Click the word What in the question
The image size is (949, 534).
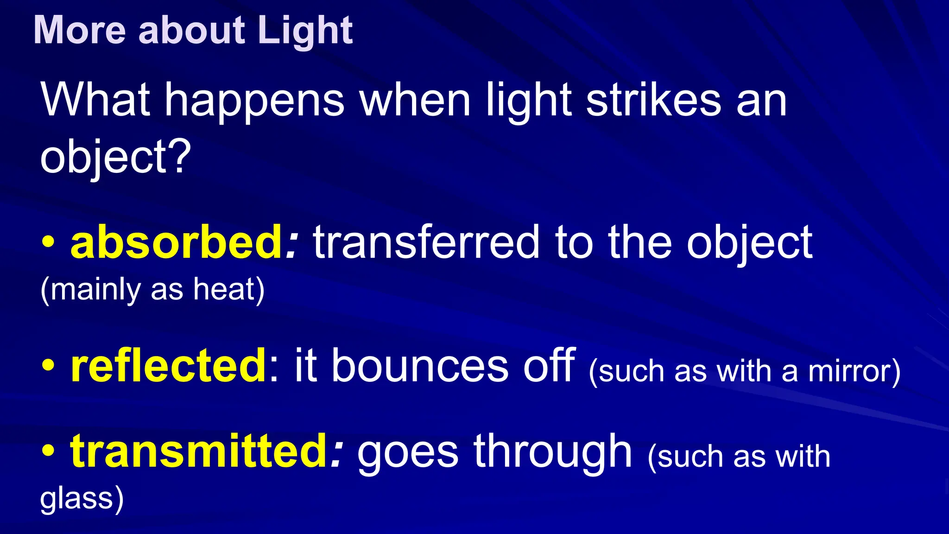95,100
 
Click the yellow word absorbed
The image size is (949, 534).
176,242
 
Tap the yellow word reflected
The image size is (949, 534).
168,366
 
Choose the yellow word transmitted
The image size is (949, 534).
199,451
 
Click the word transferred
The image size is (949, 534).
426,242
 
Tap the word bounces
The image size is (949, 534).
420,366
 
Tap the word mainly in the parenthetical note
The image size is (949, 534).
95,290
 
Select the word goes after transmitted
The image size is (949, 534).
408,453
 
